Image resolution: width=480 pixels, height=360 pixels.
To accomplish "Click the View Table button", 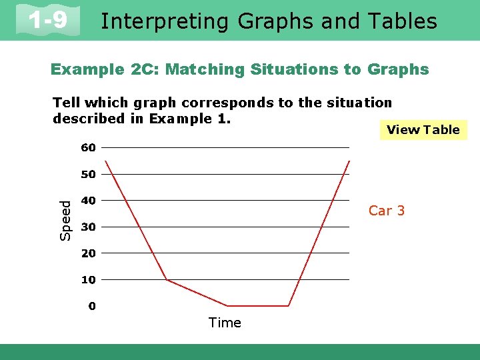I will [x=423, y=130].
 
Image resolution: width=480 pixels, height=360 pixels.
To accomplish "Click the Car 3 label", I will [x=387, y=211].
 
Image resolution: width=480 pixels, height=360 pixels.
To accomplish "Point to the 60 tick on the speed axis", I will [x=89, y=147].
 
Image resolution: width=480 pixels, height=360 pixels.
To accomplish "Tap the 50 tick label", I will [x=89, y=174].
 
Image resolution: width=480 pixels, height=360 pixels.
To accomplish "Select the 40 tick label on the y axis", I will [x=89, y=200].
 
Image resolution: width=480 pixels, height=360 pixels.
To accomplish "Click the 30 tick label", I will [x=89, y=227].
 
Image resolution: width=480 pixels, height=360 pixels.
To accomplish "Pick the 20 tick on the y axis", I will [x=89, y=253].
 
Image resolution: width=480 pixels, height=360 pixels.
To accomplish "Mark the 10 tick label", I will [x=89, y=280].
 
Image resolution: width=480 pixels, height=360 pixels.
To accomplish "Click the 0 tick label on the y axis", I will [x=92, y=306].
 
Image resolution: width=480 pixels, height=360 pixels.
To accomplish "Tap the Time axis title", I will [x=225, y=323].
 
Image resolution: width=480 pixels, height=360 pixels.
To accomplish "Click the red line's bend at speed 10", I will [x=167, y=280].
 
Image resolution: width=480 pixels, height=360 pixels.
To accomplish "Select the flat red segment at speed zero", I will [x=258, y=306].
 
